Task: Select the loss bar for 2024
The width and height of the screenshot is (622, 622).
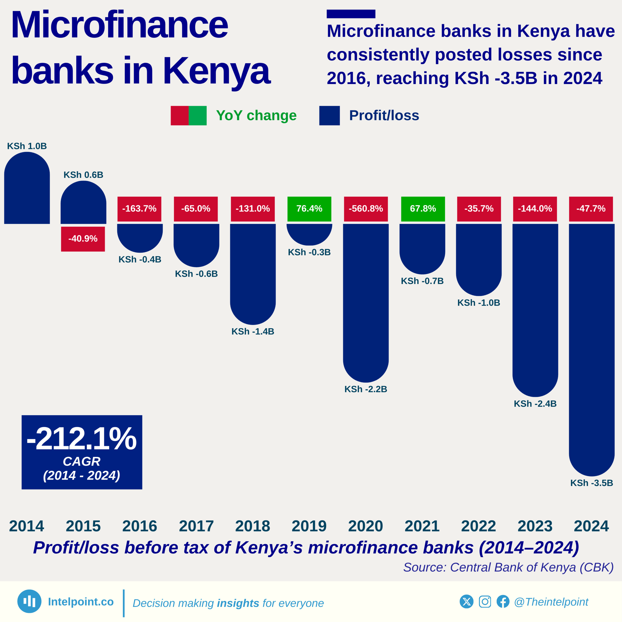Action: click(591, 348)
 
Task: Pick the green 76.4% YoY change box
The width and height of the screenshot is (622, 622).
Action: click(309, 209)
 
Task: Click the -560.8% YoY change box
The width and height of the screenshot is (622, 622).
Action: click(366, 209)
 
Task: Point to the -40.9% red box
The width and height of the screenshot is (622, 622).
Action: click(83, 239)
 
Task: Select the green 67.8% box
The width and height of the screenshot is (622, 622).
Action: click(423, 209)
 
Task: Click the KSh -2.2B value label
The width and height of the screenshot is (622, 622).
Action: click(366, 389)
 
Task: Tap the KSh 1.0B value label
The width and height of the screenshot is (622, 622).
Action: click(27, 146)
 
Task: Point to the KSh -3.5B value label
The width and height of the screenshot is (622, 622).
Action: click(591, 483)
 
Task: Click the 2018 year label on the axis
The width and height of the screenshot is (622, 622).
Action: click(253, 526)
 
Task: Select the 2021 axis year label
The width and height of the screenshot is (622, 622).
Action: click(422, 526)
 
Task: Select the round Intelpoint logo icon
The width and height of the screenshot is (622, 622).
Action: click(29, 601)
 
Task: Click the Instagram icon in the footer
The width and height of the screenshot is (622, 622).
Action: click(485, 601)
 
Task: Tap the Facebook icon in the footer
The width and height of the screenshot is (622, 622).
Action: click(503, 601)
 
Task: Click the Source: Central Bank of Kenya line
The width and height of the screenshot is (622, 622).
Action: click(508, 567)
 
